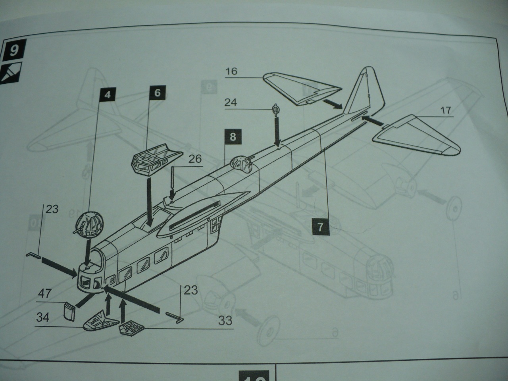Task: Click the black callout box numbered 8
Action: click(232, 137)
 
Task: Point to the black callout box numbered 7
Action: click(320, 227)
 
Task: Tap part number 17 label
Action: click(446, 110)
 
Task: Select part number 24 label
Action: click(231, 102)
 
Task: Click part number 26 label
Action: click(194, 159)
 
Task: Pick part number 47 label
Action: click(44, 294)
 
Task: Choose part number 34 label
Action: click(44, 318)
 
